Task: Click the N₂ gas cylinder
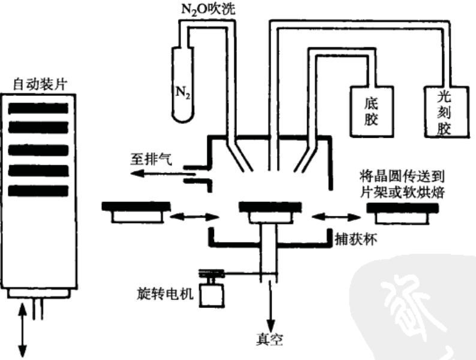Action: point(183,83)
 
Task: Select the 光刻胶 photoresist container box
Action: point(444,111)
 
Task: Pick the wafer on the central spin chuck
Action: point(267,207)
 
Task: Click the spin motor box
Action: point(214,294)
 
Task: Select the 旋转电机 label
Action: point(165,295)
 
